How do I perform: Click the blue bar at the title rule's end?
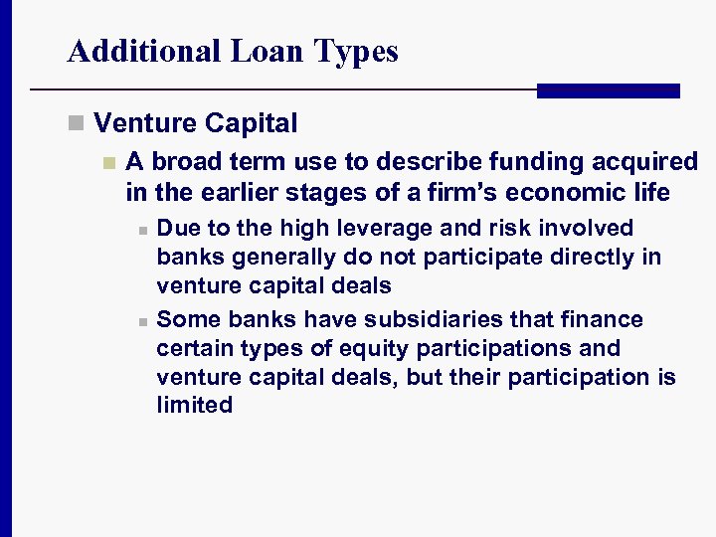click(x=608, y=90)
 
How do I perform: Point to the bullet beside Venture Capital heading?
click(x=76, y=124)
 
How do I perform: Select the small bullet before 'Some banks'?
click(x=143, y=321)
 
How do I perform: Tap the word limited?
click(x=194, y=405)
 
